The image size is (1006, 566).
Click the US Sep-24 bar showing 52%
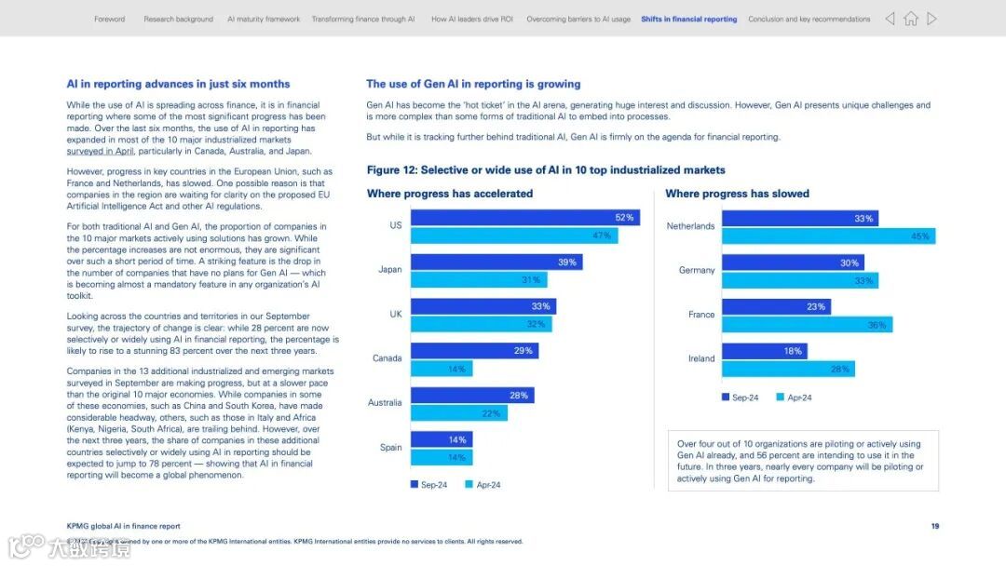click(524, 218)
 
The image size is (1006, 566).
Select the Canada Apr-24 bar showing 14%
click(442, 369)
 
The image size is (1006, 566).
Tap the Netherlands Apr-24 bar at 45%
click(828, 236)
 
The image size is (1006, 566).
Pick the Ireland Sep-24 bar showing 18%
click(764, 351)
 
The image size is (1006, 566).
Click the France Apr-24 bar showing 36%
click(807, 325)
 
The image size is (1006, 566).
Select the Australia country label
click(385, 403)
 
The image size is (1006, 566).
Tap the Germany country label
click(697, 270)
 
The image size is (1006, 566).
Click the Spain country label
click(391, 448)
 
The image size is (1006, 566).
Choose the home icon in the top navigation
click(911, 19)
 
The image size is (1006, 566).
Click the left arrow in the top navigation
click(890, 19)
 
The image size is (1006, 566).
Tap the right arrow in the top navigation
click(931, 19)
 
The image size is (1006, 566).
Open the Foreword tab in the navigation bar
click(109, 19)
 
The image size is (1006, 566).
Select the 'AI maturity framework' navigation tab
click(264, 19)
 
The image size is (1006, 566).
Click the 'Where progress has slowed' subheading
click(737, 194)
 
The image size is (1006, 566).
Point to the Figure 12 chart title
click(546, 170)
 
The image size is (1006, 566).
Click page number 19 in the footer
click(934, 526)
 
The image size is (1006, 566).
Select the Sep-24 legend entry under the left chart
click(429, 485)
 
